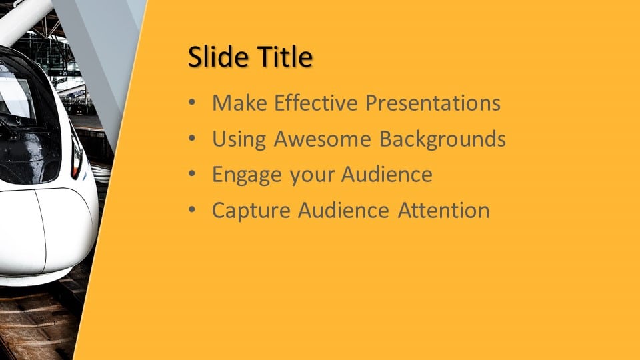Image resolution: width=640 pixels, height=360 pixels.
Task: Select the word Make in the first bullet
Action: [x=239, y=103]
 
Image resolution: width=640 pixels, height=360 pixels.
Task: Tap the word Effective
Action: [x=316, y=103]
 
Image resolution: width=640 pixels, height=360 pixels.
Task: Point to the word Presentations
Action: [x=433, y=103]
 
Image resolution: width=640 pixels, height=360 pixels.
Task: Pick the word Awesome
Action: [x=323, y=139]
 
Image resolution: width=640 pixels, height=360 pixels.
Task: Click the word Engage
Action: [x=247, y=175]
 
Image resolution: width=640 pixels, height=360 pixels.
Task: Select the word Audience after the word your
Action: [x=387, y=174]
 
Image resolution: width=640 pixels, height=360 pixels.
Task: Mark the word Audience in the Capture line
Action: [x=344, y=210]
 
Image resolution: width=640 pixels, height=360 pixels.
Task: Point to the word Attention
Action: [x=444, y=210]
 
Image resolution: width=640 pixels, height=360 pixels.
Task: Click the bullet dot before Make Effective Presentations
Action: [x=192, y=103]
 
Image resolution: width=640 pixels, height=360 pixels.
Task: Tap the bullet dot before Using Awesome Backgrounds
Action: [x=192, y=139]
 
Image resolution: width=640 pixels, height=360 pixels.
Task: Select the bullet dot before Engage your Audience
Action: [x=192, y=174]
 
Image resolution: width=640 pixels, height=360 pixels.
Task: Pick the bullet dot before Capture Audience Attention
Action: [x=192, y=210]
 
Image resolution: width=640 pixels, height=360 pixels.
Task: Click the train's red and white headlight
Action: [x=76, y=157]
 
